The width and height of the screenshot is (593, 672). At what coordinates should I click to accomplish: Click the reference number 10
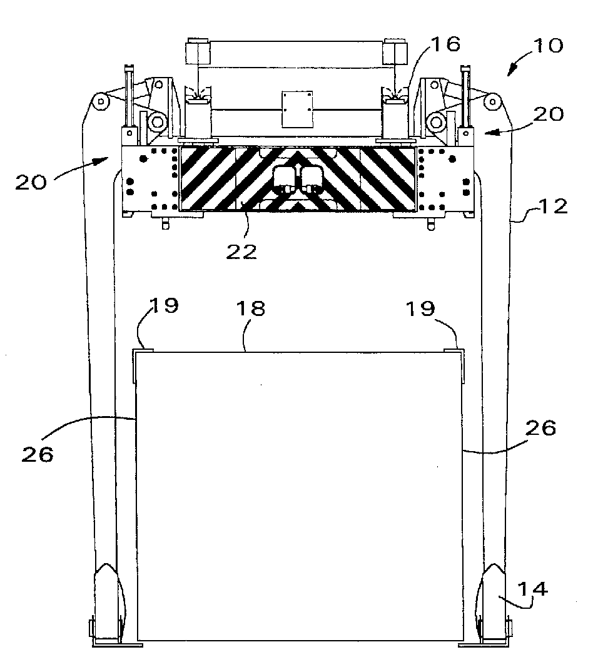[549, 46]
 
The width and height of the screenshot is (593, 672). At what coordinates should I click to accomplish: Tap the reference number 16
[445, 44]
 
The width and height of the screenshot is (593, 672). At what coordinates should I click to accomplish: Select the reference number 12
[553, 206]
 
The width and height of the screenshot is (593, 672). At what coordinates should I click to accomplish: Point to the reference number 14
[532, 589]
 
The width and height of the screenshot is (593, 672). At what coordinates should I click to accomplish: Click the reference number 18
[251, 308]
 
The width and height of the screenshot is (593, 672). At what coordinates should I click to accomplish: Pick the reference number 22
[241, 252]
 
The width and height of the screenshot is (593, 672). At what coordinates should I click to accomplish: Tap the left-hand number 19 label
[164, 305]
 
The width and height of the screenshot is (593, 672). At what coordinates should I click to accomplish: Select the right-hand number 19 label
[420, 308]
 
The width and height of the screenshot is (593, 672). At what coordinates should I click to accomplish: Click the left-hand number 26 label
[38, 454]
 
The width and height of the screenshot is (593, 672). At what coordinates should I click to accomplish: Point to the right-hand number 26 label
[540, 428]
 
